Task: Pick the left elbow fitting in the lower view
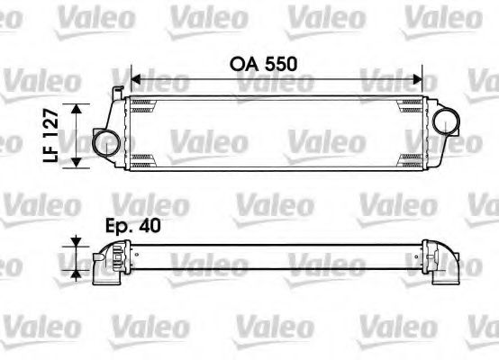coord(107,265)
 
